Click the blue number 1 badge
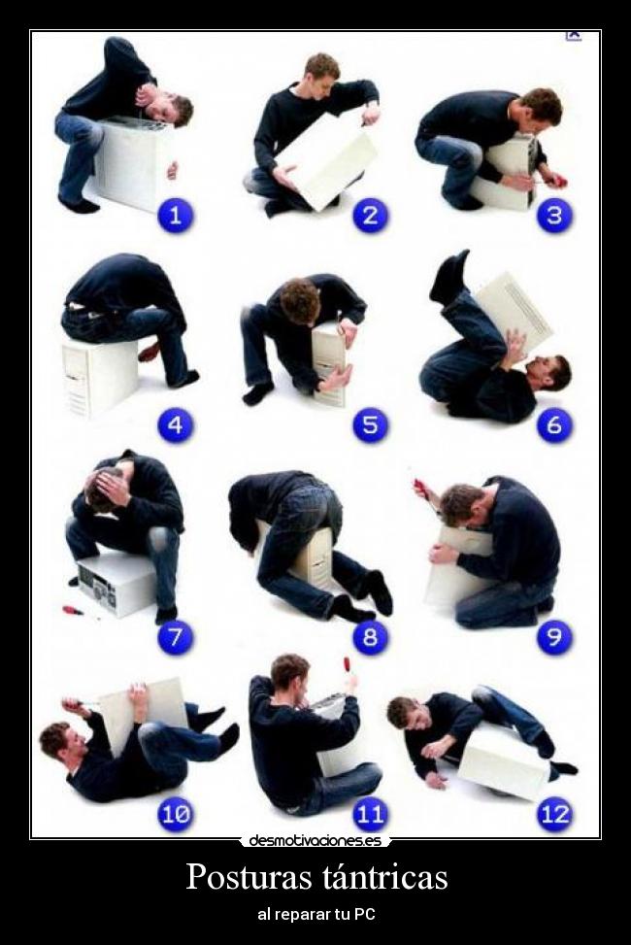(x=176, y=216)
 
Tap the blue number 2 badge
(x=370, y=216)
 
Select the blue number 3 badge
(x=554, y=216)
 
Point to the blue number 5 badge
(x=370, y=425)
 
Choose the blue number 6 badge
(x=554, y=425)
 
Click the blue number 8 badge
(x=370, y=636)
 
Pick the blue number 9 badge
(x=554, y=636)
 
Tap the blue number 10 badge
(x=176, y=814)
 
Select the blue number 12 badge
(x=555, y=814)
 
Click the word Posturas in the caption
(x=248, y=878)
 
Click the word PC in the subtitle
(x=365, y=914)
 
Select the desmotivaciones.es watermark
(x=315, y=839)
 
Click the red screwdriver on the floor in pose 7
(x=74, y=611)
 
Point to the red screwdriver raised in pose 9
(x=420, y=489)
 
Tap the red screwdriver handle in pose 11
(x=348, y=664)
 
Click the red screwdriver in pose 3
(x=555, y=179)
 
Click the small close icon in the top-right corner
(x=573, y=36)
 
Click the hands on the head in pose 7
(x=112, y=484)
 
